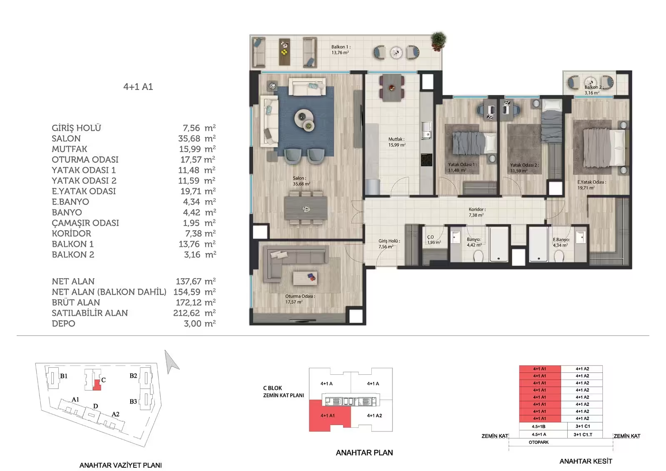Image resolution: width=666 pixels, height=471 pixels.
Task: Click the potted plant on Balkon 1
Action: click(439, 41)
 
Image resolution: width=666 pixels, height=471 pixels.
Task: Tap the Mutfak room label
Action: click(397, 142)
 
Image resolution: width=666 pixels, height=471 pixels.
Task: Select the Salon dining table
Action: click(306, 208)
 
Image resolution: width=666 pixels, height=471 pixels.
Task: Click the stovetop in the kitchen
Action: click(427, 160)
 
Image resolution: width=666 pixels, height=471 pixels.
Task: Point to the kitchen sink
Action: click(427, 131)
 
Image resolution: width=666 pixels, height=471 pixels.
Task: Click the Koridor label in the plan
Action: click(477, 212)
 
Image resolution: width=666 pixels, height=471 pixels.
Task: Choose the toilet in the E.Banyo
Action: click(559, 256)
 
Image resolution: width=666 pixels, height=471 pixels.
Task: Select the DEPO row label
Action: click(63, 324)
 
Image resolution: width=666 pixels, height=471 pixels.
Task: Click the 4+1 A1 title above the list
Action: click(138, 87)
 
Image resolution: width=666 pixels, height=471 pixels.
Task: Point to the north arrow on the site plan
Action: click(171, 361)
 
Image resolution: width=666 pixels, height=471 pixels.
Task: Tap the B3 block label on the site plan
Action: click(133, 401)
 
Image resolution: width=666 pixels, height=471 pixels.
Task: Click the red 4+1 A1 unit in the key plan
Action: click(328, 416)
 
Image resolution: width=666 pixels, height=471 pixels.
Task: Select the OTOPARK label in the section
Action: click(539, 442)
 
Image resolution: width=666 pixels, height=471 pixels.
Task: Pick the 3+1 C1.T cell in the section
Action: click(583, 434)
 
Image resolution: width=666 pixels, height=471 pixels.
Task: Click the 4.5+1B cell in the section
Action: click(539, 426)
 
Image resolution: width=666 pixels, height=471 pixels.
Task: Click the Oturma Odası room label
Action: click(300, 299)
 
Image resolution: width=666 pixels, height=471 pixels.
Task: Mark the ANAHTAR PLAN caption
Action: click(364, 453)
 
